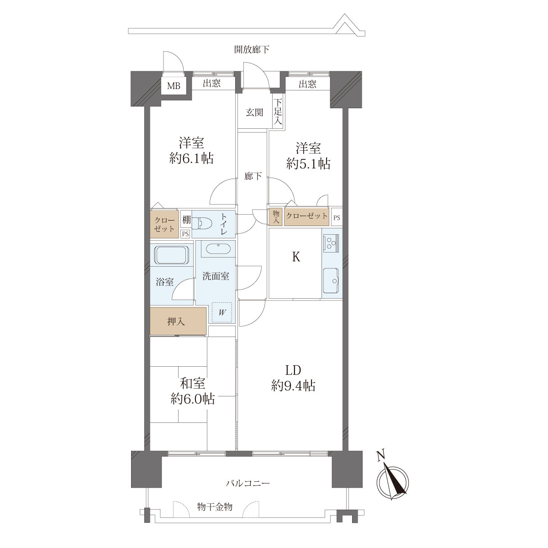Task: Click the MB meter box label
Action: click(174, 85)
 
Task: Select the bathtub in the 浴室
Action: click(172, 255)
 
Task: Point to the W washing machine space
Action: click(222, 312)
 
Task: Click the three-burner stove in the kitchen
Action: click(331, 242)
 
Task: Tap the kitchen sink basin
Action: click(331, 280)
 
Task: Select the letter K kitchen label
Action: click(296, 257)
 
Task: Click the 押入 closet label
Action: click(176, 321)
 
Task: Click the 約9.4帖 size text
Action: click(293, 386)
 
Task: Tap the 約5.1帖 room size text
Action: click(308, 164)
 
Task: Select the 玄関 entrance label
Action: click(254, 113)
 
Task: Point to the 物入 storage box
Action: click(276, 217)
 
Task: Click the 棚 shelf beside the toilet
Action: click(186, 220)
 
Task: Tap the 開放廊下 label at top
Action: click(252, 49)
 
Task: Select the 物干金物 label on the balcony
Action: click(215, 506)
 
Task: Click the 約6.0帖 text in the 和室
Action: click(193, 399)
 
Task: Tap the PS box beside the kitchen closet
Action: click(337, 218)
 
